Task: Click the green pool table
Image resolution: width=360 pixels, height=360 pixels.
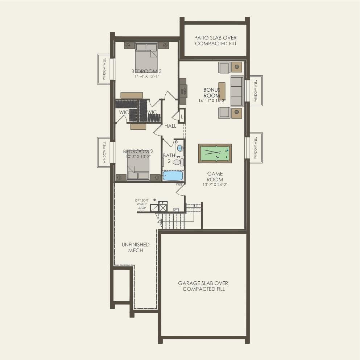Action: pos(215,153)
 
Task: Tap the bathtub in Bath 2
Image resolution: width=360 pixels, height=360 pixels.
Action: pos(173,176)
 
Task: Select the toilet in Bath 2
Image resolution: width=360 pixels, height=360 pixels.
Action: pos(178,162)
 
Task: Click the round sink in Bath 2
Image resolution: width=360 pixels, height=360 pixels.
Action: pos(180,148)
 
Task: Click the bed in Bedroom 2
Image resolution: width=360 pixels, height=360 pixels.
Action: pos(138,169)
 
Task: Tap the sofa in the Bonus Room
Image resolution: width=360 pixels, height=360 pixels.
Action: pos(237,91)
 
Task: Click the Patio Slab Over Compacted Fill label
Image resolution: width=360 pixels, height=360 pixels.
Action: pos(216,41)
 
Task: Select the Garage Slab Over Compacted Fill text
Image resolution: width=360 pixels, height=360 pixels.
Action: pos(203,286)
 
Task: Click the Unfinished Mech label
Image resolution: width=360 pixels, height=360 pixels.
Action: pos(135,248)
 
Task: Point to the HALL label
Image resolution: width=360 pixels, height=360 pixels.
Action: pos(170,126)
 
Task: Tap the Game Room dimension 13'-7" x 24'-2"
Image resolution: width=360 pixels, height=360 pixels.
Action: pos(215,185)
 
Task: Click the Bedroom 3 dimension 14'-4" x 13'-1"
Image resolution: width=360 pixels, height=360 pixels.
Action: pos(146,76)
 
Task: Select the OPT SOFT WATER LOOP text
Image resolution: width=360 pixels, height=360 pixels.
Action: pos(141,204)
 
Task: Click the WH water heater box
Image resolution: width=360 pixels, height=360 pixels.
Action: pos(176,210)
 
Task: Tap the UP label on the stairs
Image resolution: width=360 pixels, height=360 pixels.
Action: pos(196,206)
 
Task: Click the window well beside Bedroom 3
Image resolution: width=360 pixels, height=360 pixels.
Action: pos(104,69)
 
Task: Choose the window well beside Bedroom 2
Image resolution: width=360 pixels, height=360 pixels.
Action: pos(104,152)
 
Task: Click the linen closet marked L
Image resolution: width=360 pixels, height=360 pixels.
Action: pos(182,116)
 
